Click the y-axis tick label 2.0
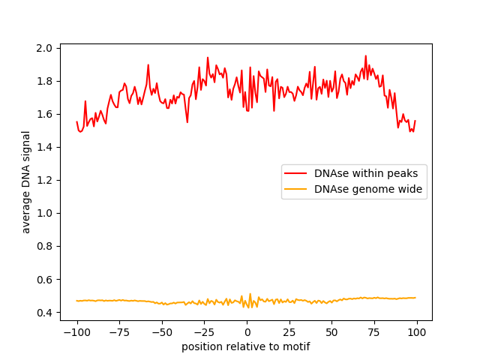[x=45, y=48]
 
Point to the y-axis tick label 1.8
[x=45, y=81]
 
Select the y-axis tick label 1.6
[x=45, y=114]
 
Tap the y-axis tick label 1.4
[x=45, y=147]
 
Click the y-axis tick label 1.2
[x=45, y=180]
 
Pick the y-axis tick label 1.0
[x=45, y=213]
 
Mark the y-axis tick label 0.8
[x=45, y=246]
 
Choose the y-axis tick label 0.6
[x=45, y=279]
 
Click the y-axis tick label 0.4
[x=45, y=312]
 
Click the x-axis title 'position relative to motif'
[x=246, y=346]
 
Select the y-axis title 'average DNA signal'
[x=26, y=182]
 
